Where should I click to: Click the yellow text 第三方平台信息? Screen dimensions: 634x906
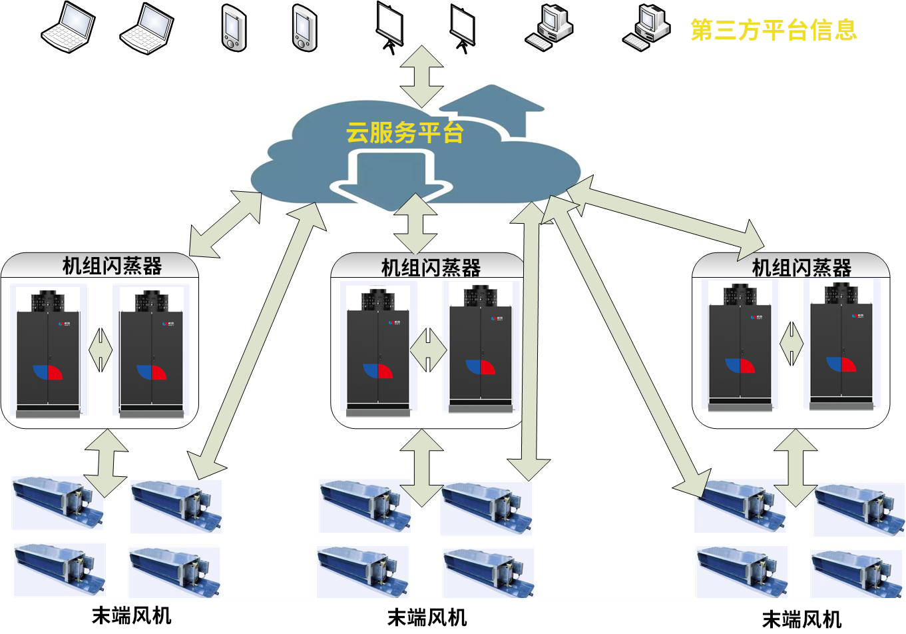[x=774, y=31]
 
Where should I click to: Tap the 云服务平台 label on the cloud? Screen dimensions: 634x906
[x=404, y=133]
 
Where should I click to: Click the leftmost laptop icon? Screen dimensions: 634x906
[x=68, y=28]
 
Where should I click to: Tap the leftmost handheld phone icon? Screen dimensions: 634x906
[x=234, y=28]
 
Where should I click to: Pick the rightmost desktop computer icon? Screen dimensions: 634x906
[x=646, y=28]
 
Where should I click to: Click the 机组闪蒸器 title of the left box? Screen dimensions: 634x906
[x=112, y=266]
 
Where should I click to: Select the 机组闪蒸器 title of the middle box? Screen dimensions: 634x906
[x=431, y=268]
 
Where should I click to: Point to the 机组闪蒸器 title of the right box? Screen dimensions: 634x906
[x=801, y=268]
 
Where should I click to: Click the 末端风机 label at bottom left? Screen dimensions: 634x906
[x=131, y=615]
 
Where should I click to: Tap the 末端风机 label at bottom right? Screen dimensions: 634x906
[x=801, y=619]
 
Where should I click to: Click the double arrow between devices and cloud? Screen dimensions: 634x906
[x=421, y=76]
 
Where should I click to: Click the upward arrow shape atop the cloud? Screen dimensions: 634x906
[x=492, y=107]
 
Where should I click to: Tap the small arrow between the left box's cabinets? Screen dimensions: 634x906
[x=101, y=350]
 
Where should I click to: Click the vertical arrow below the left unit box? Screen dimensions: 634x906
[x=106, y=462]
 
